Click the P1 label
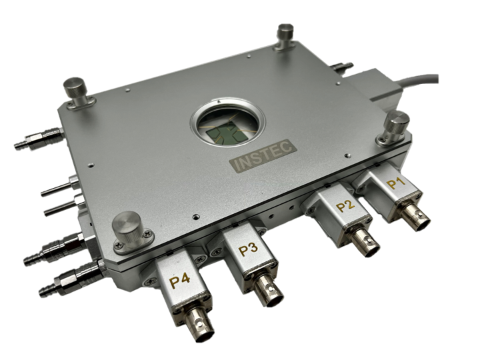396,183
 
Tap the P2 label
346,206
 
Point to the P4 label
180,281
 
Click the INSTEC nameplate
263,155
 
